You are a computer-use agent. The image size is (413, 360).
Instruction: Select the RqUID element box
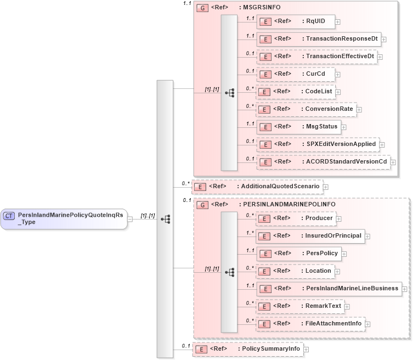(296, 22)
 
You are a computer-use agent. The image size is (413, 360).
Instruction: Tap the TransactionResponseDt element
(318, 39)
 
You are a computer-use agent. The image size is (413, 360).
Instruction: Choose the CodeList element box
(296, 92)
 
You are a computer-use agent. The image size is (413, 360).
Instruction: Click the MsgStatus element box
(299, 127)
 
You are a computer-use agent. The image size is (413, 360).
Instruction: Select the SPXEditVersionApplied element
(318, 144)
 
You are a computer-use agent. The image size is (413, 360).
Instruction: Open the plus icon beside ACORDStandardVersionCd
(393, 162)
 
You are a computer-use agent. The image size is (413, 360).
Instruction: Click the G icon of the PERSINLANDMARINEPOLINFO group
(202, 205)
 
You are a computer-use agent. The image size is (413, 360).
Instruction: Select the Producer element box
(296, 218)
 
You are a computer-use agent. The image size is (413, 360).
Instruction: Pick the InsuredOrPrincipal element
(310, 236)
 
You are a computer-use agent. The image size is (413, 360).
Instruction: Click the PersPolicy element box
(299, 254)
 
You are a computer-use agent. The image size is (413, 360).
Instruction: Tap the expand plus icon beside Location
(337, 271)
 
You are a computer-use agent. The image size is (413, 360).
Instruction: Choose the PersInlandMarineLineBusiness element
(329, 289)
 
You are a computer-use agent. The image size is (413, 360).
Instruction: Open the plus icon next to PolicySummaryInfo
(306, 349)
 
